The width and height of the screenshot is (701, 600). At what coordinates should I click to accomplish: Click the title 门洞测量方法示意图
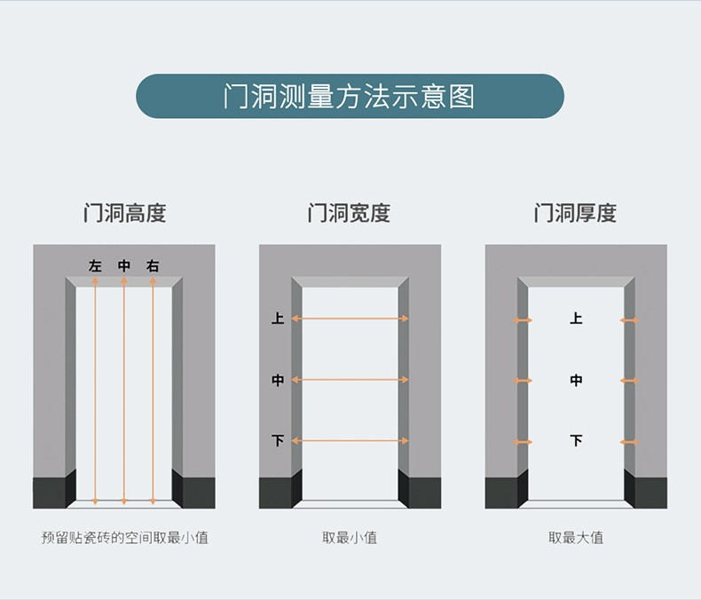[349, 96]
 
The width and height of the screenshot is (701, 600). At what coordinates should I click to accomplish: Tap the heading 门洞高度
[125, 213]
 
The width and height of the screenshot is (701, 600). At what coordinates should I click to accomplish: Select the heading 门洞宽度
[349, 213]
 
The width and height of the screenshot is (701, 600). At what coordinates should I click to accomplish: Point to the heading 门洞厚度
[575, 213]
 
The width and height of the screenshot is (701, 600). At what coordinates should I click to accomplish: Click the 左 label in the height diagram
[95, 266]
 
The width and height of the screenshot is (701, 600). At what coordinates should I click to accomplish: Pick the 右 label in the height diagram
[153, 266]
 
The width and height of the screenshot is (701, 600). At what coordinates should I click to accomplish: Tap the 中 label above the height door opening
[124, 266]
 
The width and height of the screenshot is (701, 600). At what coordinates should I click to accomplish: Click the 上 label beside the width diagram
[278, 319]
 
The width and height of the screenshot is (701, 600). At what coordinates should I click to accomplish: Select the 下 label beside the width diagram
[278, 441]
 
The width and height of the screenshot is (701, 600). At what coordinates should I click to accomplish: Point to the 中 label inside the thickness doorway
[576, 381]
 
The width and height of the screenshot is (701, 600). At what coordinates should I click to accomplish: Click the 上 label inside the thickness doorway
[576, 319]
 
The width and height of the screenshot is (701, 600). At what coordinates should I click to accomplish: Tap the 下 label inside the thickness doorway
[576, 441]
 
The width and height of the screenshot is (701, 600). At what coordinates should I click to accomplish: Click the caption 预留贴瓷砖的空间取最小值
[125, 537]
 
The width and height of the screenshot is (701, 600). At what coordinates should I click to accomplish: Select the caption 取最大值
[576, 537]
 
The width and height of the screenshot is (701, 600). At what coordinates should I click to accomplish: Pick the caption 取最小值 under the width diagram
[350, 537]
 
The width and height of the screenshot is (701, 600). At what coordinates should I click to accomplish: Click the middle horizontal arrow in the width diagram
[350, 380]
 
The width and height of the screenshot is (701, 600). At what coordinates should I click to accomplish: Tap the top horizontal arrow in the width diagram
[350, 319]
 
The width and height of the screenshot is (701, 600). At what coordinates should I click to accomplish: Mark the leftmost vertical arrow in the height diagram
[95, 391]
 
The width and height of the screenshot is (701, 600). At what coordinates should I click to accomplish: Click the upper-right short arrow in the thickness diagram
[629, 320]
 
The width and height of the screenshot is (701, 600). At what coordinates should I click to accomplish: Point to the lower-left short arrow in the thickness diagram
[523, 442]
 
